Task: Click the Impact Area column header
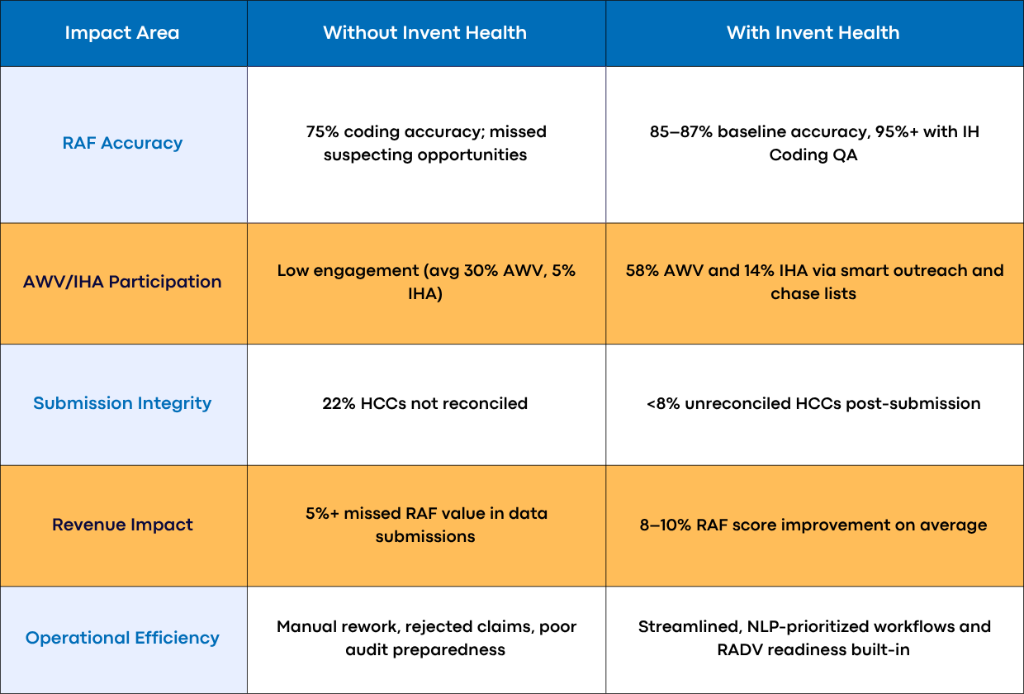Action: pos(122,33)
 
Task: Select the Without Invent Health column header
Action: pos(424,33)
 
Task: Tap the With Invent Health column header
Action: pos(813,33)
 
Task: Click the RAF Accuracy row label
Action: pos(122,143)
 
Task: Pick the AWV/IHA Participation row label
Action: pos(122,282)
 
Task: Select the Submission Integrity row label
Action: pos(122,403)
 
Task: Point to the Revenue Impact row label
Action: pos(122,525)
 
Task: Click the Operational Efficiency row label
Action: pos(122,638)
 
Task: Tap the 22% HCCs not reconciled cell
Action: pos(424,403)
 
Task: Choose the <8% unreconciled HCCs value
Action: pos(665,403)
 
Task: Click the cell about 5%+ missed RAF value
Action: pos(424,525)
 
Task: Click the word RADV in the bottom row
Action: pos(742,649)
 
